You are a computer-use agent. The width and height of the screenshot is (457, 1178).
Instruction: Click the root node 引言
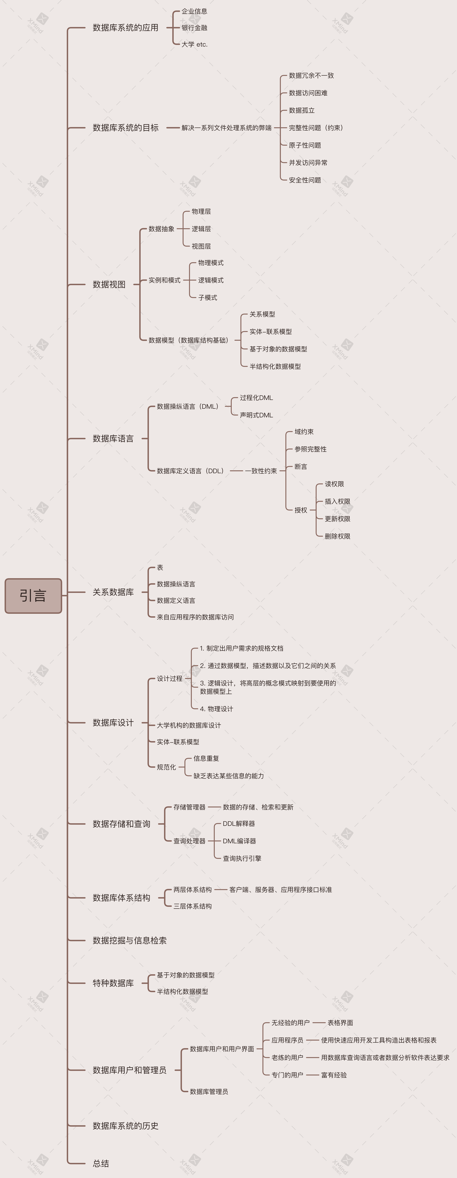33,595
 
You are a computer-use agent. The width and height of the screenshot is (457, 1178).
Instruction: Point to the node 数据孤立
302,110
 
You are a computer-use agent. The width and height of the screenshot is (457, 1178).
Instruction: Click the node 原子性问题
305,145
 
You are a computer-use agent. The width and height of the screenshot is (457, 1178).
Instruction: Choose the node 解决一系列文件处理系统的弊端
226,128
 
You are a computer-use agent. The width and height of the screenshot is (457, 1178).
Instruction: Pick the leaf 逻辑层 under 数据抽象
201,229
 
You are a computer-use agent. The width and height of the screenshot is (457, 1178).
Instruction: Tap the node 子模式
207,297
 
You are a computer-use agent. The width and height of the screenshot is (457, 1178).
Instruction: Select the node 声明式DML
256,415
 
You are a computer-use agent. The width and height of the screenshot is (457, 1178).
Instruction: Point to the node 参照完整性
310,449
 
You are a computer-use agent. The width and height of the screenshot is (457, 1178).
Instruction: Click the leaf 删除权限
337,536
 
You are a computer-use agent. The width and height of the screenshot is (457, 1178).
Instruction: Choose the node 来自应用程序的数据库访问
195,617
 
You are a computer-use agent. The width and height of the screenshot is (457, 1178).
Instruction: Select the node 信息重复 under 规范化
206,758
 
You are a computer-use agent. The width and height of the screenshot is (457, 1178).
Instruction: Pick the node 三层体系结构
192,906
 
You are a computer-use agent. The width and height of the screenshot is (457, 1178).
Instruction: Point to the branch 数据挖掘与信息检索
129,940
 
